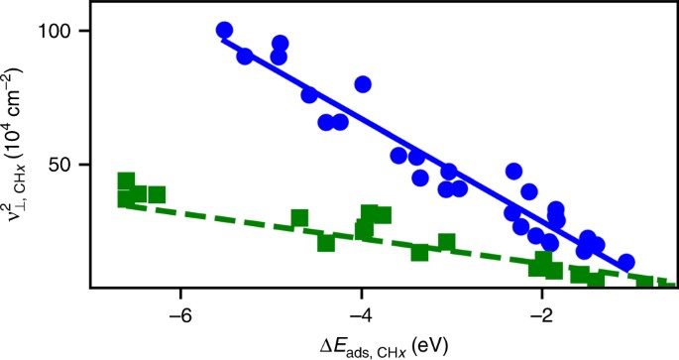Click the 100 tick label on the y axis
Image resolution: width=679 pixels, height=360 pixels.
[62, 31]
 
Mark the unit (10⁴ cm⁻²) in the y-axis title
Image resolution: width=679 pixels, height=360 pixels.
[20, 109]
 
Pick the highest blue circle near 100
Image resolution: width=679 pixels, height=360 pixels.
[224, 31]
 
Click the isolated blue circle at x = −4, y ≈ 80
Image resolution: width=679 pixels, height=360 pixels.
[363, 84]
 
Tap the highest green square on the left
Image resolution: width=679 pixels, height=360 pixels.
[126, 181]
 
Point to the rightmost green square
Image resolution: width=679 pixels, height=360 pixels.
[645, 285]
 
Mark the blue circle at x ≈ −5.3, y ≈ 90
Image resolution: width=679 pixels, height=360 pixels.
[245, 57]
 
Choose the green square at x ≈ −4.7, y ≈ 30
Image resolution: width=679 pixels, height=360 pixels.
[299, 218]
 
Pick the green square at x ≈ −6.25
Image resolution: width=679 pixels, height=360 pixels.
[157, 194]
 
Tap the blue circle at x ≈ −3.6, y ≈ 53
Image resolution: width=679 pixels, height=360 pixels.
[398, 156]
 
